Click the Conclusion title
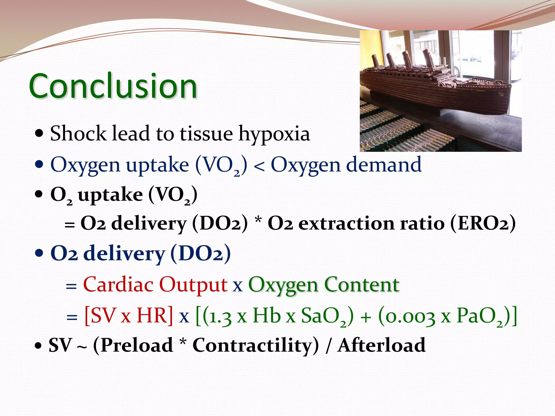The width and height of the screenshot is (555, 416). point(113,86)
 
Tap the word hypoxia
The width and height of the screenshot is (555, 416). point(274,134)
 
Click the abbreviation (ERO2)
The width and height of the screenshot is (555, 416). point(483,224)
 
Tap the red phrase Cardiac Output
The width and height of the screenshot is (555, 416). point(155,285)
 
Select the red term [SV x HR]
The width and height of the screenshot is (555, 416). point(128,316)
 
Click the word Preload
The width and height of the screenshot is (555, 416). point(137,345)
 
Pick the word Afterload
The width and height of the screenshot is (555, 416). point(381,345)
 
